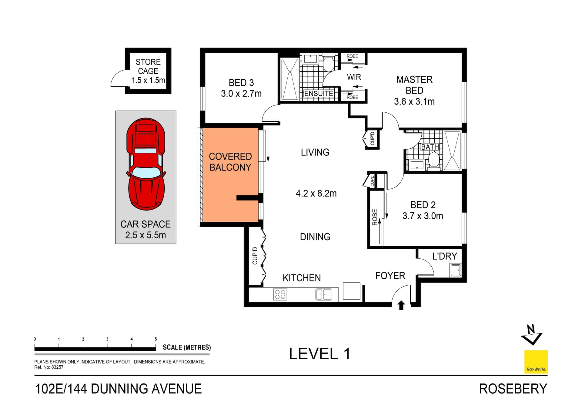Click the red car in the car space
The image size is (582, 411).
click(146, 164)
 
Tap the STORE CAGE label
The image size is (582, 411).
click(148, 67)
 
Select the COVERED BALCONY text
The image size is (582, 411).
click(230, 162)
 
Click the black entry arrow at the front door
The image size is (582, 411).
click(401, 305)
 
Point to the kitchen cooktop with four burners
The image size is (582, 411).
click(280, 294)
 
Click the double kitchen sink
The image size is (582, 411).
click(324, 294)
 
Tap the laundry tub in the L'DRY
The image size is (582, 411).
click(455, 270)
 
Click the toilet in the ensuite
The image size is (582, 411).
click(328, 64)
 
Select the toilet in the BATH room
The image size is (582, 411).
click(434, 160)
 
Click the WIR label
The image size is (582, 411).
click(354, 77)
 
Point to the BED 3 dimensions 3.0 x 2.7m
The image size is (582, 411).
click(241, 94)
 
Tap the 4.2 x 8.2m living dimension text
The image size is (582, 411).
click(316, 193)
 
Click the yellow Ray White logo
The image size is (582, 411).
click(536, 362)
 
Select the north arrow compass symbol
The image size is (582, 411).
click(532, 335)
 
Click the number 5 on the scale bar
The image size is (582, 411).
click(156, 339)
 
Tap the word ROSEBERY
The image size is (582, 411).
click(513, 389)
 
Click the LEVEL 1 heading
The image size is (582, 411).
click(319, 354)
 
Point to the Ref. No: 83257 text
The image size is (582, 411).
click(49, 367)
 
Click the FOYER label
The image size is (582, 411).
click(390, 276)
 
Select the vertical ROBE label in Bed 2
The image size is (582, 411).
click(375, 217)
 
